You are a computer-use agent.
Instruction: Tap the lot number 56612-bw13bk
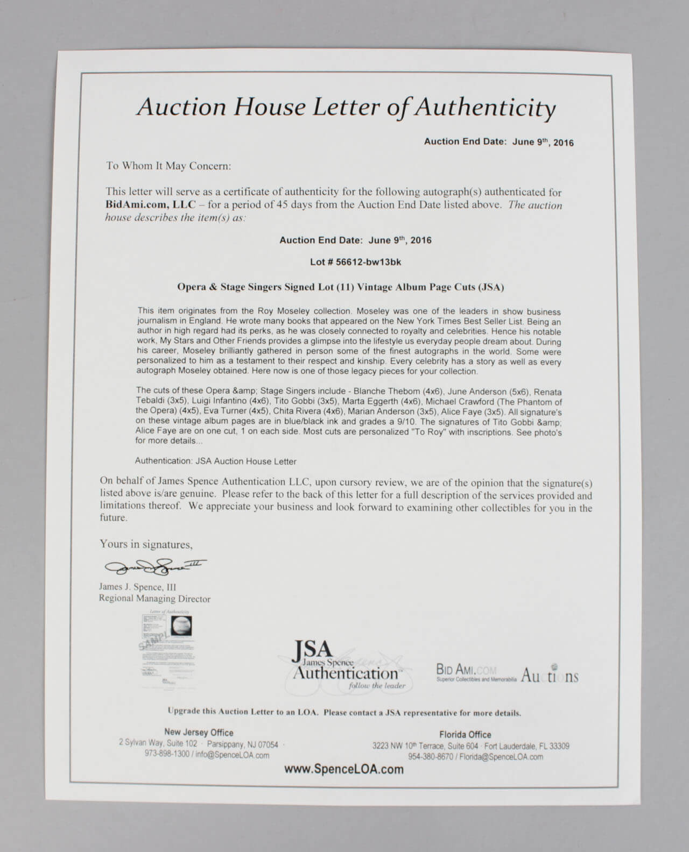click(x=368, y=262)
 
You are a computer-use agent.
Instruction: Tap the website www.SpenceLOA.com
click(x=344, y=769)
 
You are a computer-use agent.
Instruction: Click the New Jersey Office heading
click(x=199, y=732)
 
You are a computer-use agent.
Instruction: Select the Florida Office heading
click(x=465, y=734)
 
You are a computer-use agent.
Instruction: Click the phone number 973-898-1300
click(x=167, y=755)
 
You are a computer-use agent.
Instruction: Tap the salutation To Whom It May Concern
click(x=168, y=166)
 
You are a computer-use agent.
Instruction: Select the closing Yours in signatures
click(x=145, y=544)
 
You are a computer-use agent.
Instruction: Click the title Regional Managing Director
click(x=154, y=599)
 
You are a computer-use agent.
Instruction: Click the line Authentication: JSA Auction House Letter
click(x=215, y=461)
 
